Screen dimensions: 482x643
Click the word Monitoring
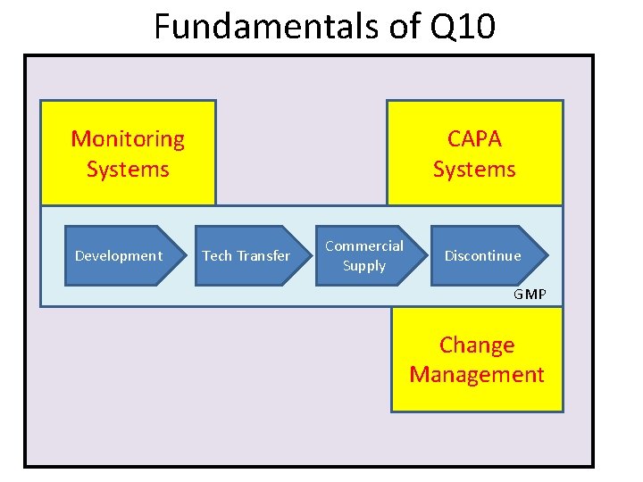(x=128, y=139)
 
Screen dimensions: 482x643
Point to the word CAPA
(x=474, y=139)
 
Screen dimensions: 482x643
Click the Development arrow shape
(x=119, y=255)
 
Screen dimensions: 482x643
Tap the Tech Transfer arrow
(x=246, y=255)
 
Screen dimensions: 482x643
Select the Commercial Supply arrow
(x=364, y=255)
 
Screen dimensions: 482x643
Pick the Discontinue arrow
(x=483, y=255)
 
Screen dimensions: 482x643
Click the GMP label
(x=530, y=295)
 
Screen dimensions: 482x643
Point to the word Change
(x=477, y=345)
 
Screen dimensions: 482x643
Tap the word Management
(x=477, y=374)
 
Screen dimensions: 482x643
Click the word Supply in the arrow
(x=364, y=266)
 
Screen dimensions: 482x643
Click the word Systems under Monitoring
(x=128, y=169)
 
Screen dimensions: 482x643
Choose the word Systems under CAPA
(x=474, y=169)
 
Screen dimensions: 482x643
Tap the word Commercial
(x=364, y=245)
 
